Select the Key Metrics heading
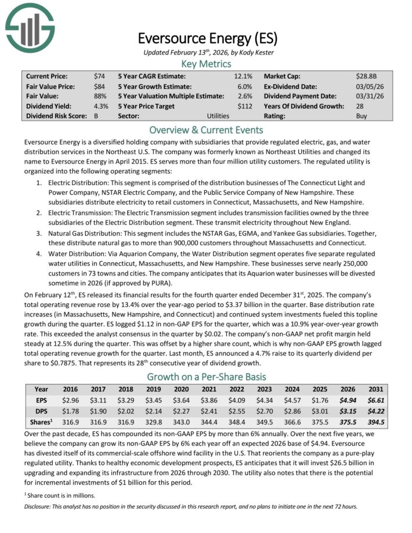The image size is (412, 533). click(x=207, y=64)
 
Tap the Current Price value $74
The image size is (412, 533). click(x=99, y=76)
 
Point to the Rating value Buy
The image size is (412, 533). click(x=362, y=116)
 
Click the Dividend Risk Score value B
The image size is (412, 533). click(x=96, y=116)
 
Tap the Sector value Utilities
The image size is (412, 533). click(x=218, y=116)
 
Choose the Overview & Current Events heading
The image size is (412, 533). click(x=207, y=130)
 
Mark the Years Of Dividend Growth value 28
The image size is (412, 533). click(x=360, y=106)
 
